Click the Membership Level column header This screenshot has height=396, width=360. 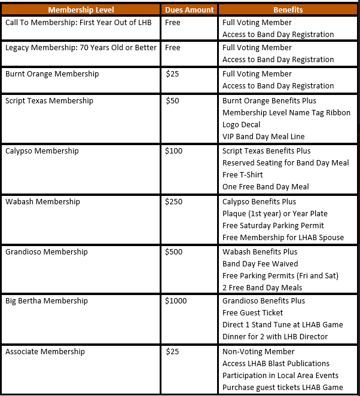point(81,10)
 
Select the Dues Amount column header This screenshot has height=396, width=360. point(189,10)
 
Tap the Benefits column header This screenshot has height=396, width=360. point(288,10)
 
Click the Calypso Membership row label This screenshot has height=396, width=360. point(42,151)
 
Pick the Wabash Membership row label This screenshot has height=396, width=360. point(42,202)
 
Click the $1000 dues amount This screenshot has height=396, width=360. point(176,300)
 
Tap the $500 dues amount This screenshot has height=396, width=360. point(174,252)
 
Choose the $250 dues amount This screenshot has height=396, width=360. point(174,202)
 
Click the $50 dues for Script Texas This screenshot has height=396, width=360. point(172,101)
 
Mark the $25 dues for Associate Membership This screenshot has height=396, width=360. point(172,352)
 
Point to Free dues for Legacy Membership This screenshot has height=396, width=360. point(173,48)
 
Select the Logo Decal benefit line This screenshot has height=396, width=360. point(242,125)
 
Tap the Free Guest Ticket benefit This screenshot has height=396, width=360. point(253,312)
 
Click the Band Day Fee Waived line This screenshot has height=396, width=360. point(260,264)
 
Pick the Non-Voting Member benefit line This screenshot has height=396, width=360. point(258,352)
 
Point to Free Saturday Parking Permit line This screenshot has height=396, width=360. point(273,226)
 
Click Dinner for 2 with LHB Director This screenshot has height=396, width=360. point(275,336)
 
